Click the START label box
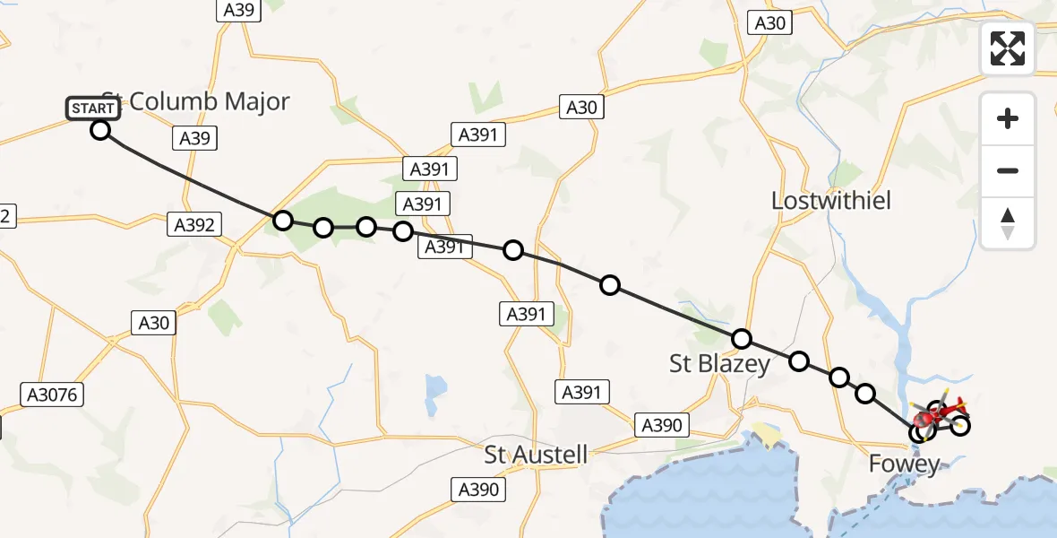coord(92,108)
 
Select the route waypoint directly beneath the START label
coord(100,130)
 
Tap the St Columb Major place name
coord(195,101)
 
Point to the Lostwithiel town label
coord(831,200)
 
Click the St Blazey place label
coord(719,363)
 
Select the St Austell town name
coord(536,455)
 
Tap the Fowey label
coord(905,464)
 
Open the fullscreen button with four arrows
coord(1008,48)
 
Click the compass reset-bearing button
coord(1008,223)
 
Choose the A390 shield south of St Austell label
coord(478,489)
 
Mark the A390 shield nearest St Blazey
coord(663,426)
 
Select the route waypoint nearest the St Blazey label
coord(742,339)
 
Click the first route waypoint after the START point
coord(283,221)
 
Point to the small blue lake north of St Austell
coord(436,387)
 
